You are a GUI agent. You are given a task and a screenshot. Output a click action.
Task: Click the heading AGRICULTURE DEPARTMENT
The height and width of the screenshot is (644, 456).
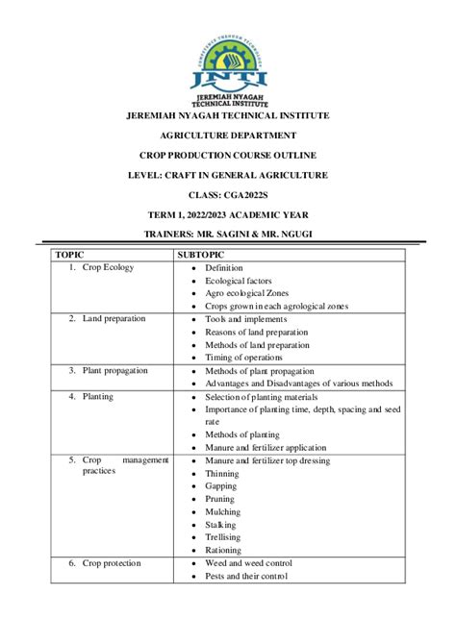(x=228, y=136)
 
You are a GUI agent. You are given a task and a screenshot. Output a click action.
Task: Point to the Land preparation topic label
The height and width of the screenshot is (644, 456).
(x=114, y=319)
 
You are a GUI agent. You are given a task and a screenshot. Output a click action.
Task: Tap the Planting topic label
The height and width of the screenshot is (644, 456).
(x=98, y=396)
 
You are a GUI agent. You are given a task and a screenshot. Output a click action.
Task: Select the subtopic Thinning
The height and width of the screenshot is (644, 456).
(x=223, y=474)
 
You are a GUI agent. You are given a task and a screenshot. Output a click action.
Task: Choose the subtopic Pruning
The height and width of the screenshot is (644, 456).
(x=221, y=500)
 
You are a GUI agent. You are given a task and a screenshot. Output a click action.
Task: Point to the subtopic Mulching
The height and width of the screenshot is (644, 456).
(x=223, y=512)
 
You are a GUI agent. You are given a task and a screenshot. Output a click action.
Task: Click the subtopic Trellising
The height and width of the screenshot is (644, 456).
(x=223, y=537)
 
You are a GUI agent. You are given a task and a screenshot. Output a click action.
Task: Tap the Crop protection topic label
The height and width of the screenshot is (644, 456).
(x=112, y=563)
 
